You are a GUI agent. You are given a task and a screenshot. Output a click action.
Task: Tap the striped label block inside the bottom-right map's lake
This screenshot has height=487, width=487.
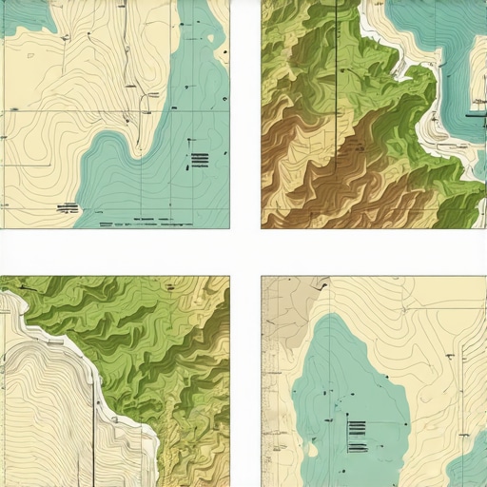[358, 437]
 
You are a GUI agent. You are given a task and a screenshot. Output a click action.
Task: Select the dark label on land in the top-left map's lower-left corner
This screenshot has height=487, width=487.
[68, 205]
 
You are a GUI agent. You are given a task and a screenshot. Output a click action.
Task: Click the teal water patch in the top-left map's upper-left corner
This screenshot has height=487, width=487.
[24, 14]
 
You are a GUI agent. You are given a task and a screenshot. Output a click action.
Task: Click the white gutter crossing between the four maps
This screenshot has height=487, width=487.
[245, 252]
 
